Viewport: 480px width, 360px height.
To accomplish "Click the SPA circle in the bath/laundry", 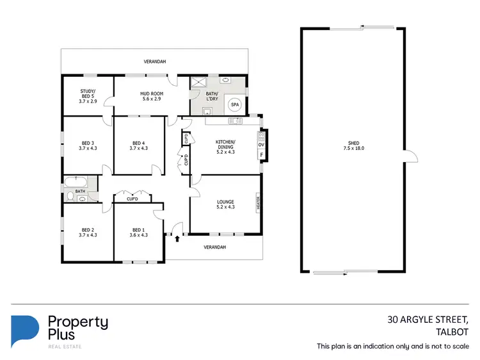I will [x=235, y=104].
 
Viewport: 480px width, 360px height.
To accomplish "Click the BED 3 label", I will [x=88, y=145].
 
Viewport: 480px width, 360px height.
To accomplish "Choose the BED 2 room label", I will [x=88, y=233].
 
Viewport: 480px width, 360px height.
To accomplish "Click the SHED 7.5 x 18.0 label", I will [x=353, y=145].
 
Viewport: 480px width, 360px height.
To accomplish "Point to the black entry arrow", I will [x=177, y=238].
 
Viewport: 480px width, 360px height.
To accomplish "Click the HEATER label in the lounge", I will [x=258, y=204].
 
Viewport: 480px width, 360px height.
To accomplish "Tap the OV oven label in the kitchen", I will [x=260, y=145].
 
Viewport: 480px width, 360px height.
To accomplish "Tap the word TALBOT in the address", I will [x=454, y=331].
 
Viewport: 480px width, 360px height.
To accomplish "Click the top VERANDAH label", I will [x=154, y=61].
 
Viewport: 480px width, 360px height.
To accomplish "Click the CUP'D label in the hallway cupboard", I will [x=132, y=199].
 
